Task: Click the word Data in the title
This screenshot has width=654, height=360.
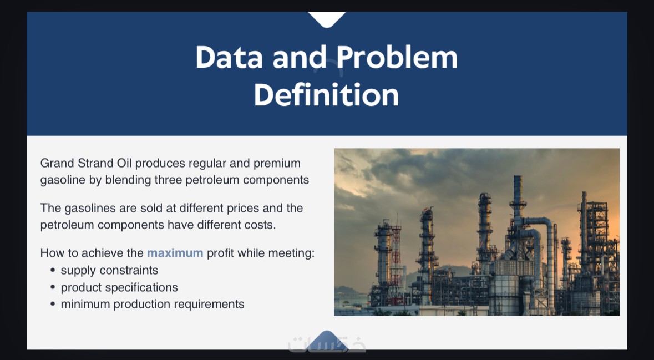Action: (230, 57)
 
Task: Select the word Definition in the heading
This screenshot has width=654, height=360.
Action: (327, 95)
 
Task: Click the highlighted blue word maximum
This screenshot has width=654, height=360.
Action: (175, 253)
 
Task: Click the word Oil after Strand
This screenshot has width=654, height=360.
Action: (124, 163)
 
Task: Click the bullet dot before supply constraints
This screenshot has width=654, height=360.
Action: (53, 270)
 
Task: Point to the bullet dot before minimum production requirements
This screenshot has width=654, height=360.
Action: (53, 304)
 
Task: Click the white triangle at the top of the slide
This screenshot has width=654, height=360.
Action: (327, 19)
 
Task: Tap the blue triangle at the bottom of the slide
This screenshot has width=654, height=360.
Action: (327, 339)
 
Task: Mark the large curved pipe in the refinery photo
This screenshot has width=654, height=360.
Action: (542, 234)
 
